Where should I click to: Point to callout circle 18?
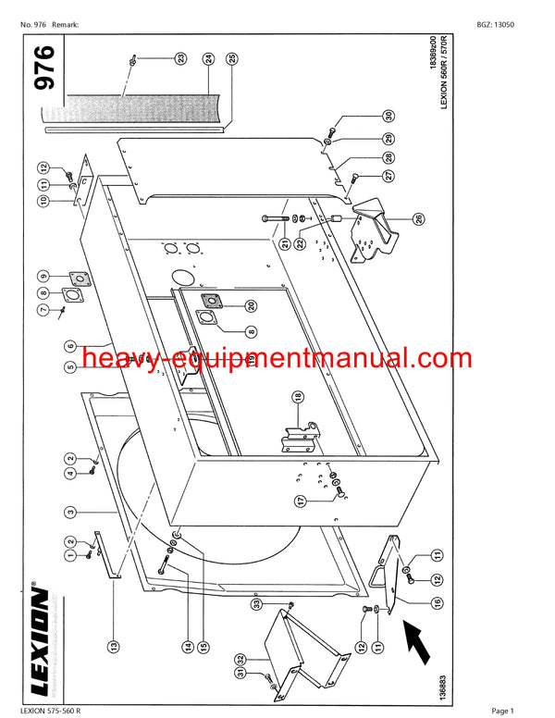299,398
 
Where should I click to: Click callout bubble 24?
209,58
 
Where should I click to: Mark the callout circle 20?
251,305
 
